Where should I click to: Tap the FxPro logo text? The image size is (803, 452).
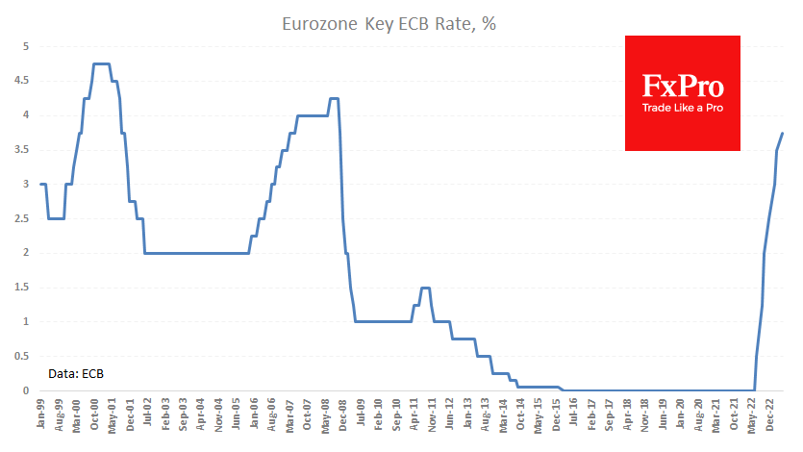tap(683, 86)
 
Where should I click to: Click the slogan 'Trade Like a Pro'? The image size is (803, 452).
tap(683, 108)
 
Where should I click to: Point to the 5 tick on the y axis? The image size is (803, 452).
tap(26, 46)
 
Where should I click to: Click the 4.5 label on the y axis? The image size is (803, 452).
tap(23, 81)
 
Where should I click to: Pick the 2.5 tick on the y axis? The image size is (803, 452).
tap(23, 218)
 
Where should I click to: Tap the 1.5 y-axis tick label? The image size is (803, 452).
tap(23, 288)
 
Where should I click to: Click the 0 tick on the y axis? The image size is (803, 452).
tap(26, 390)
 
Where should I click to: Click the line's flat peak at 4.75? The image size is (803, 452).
tap(101, 63)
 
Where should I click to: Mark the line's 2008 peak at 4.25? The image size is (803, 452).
tap(334, 98)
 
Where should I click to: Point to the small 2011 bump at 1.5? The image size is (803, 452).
tap(424, 288)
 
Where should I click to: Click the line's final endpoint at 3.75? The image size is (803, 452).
tap(783, 133)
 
